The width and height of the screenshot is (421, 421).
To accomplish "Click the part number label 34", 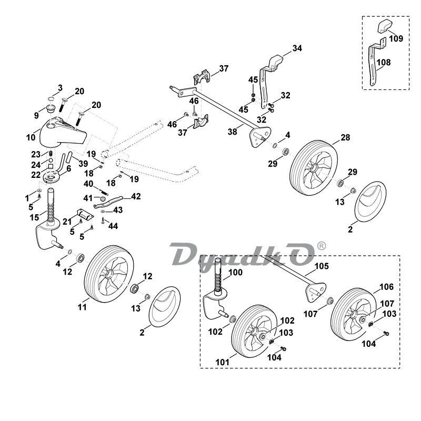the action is click(297, 48).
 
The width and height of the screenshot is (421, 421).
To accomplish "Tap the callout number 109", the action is click(396, 38).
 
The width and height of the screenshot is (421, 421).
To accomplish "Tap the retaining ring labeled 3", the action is click(52, 99).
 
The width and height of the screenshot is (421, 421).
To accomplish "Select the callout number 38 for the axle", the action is click(233, 132).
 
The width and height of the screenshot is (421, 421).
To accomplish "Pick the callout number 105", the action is click(322, 266).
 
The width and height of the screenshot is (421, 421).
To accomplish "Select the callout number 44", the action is click(113, 226).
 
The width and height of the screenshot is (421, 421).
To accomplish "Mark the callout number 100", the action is click(235, 272).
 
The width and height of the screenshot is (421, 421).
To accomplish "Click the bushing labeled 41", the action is click(102, 199).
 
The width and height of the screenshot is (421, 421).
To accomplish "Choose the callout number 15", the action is click(34, 217).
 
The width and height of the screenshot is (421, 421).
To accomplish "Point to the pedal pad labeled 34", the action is click(275, 63).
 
